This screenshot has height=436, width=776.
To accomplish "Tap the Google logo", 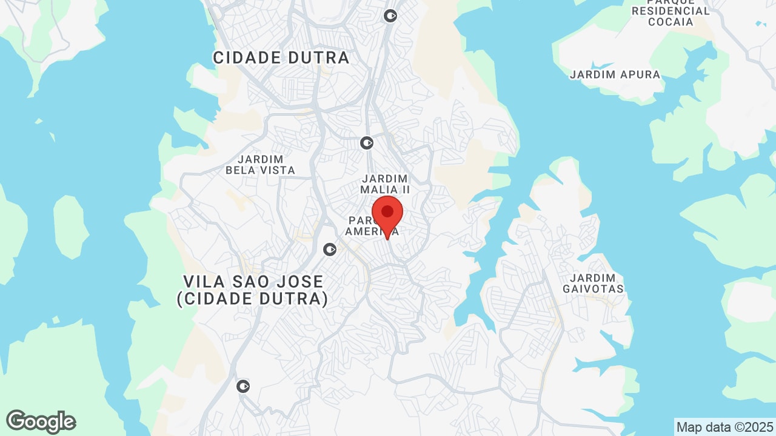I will coord(41,421).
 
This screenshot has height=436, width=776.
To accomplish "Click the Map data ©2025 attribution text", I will coord(724,427).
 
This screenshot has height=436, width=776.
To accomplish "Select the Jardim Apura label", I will coord(615,75).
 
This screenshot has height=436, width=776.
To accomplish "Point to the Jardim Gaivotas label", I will coord(593,283).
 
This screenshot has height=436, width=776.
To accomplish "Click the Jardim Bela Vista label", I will coord(260,164).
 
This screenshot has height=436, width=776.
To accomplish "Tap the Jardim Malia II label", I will coord(386,184).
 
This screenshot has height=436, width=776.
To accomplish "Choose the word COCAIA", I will coord(671,22).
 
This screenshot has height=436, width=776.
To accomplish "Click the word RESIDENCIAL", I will coord(671,11).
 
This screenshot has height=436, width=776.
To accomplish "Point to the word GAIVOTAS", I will coord(593,289).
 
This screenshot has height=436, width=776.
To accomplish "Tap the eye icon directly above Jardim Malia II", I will coord(366,143).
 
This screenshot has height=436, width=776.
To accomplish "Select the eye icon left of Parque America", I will coord(330,249).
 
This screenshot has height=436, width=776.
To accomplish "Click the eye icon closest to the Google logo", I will coord(243,386).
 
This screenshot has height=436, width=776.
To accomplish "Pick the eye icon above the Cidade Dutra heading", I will coord(390,16).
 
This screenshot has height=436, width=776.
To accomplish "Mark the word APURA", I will coord(640,75).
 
